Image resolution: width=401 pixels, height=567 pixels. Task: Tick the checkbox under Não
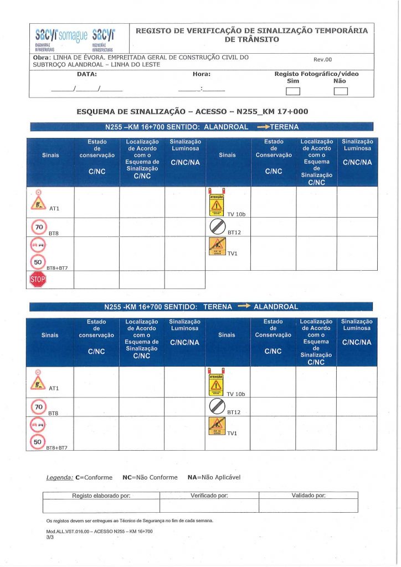(340, 92)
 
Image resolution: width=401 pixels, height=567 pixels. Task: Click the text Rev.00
(323, 60)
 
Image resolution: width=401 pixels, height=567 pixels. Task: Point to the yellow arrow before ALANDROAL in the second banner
(244, 306)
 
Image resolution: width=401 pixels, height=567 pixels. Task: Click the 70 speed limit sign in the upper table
(39, 227)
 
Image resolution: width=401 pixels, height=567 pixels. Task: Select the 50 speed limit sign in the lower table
(38, 442)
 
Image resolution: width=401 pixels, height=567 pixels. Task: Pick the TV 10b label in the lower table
(236, 394)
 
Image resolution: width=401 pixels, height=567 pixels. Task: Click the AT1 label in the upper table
(54, 208)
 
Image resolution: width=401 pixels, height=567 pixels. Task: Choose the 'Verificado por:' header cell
(209, 496)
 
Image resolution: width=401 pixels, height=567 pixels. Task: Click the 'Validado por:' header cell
(308, 496)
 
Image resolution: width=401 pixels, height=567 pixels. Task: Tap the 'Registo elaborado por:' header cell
(101, 496)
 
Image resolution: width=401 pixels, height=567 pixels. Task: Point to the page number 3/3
(51, 537)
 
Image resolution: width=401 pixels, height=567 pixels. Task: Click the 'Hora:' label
(202, 74)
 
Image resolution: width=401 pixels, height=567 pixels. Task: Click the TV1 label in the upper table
(233, 254)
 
